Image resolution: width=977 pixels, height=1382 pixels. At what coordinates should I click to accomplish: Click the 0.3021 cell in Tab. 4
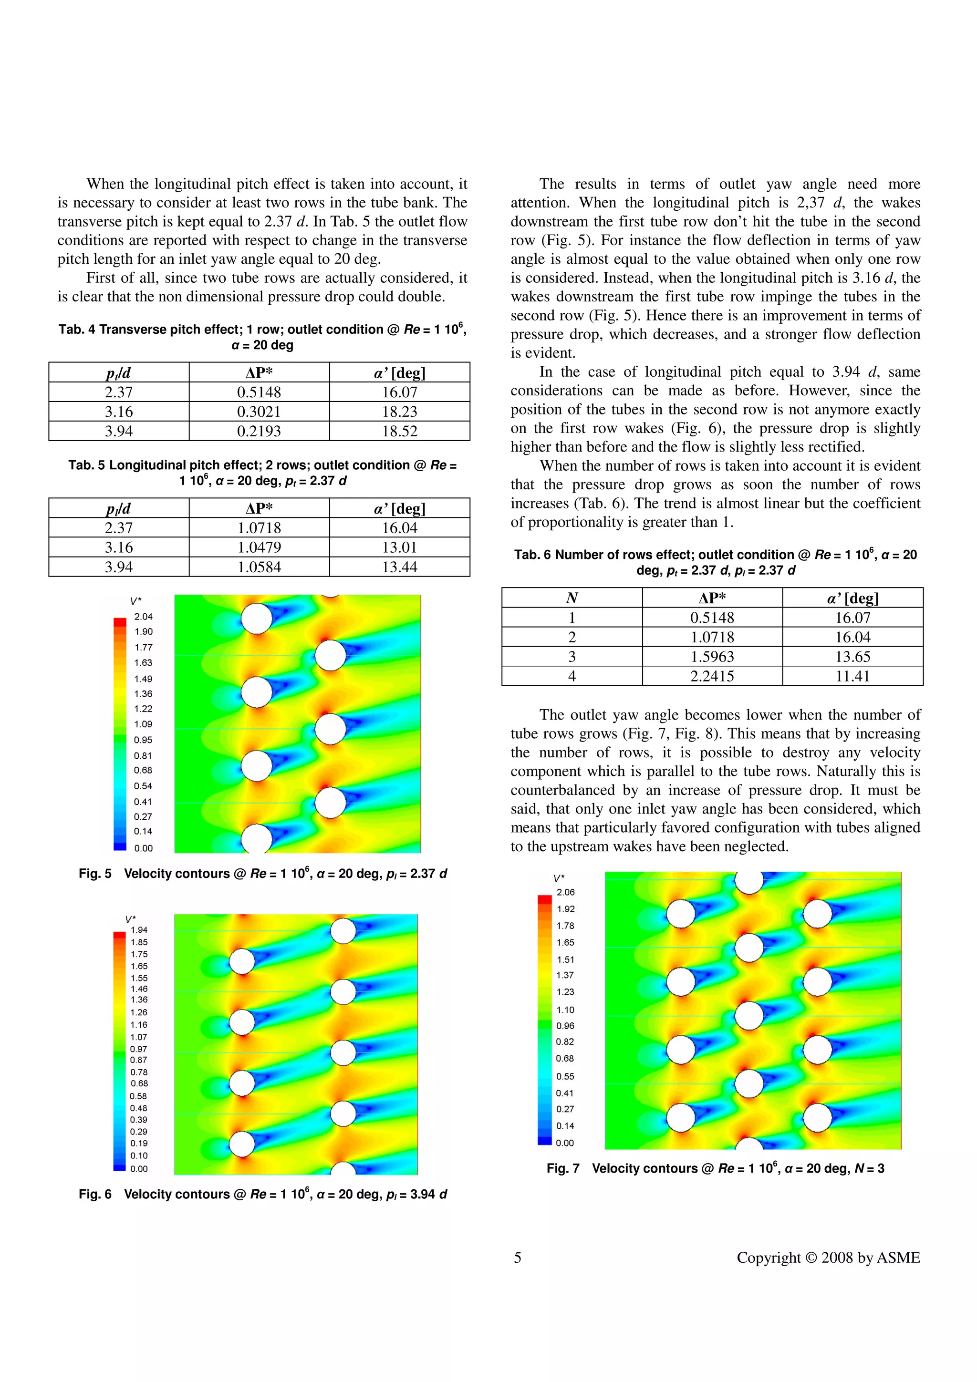pos(259,412)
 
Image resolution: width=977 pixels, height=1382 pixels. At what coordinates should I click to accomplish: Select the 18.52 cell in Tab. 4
pos(399,431)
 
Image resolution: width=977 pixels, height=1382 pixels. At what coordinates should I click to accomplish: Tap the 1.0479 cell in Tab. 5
pos(259,547)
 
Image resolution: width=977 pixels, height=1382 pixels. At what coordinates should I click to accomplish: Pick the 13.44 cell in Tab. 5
pos(399,567)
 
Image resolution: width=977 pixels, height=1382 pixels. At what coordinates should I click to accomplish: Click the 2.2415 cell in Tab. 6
pos(712,676)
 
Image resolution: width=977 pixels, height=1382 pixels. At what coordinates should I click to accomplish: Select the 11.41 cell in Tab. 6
pos(852,676)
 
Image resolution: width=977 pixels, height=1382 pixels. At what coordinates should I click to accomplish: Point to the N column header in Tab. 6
pos(572,598)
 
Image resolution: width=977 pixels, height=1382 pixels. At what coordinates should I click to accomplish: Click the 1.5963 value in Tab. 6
pos(712,657)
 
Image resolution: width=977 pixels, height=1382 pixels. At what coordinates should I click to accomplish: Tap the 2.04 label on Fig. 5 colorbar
pos(143,616)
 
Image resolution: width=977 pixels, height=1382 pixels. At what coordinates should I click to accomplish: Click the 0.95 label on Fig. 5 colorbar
pos(143,740)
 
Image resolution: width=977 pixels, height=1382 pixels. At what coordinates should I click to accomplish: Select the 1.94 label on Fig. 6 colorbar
pos(139,930)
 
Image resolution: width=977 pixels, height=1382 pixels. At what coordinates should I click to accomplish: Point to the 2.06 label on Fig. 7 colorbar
pos(565,892)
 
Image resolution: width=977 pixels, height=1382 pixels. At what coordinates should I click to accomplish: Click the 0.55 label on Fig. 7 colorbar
pos(565,1076)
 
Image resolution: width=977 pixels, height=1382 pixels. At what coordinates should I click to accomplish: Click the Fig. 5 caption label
pos(95,873)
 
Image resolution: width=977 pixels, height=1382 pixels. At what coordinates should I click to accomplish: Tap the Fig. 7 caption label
pos(563,1168)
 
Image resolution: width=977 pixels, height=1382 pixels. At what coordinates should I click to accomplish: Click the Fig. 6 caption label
pos(95,1194)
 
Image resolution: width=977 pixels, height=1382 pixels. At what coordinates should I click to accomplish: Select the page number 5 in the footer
pos(517,1258)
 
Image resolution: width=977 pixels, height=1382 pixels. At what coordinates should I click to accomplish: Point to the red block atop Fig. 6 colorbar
pos(119,935)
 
